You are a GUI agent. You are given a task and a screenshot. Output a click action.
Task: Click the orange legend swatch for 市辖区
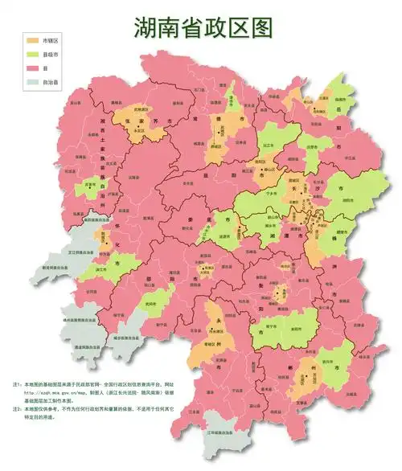coord(32,39)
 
